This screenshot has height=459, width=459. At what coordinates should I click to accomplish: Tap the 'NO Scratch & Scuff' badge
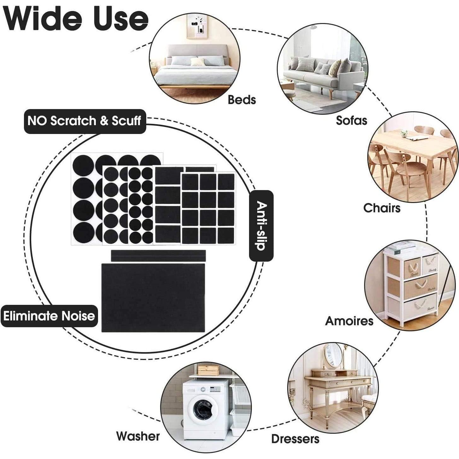tap(84, 121)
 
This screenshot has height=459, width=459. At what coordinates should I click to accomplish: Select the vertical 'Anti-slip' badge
tap(261, 226)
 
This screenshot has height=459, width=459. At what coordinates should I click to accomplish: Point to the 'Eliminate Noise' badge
tap(49, 316)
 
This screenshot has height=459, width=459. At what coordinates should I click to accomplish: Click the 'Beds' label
tap(242, 100)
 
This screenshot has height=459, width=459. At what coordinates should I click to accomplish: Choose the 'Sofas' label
tap(352, 120)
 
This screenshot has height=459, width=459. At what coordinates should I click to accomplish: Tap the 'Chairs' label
tap(382, 208)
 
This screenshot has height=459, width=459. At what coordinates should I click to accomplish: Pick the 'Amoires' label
tap(349, 321)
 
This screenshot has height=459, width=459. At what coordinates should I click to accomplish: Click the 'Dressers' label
tap(295, 439)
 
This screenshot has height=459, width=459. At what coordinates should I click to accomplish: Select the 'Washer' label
tap(138, 436)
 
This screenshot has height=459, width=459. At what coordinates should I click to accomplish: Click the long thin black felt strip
tap(158, 256)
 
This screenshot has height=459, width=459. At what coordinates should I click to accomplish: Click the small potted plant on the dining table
tap(404, 134)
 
